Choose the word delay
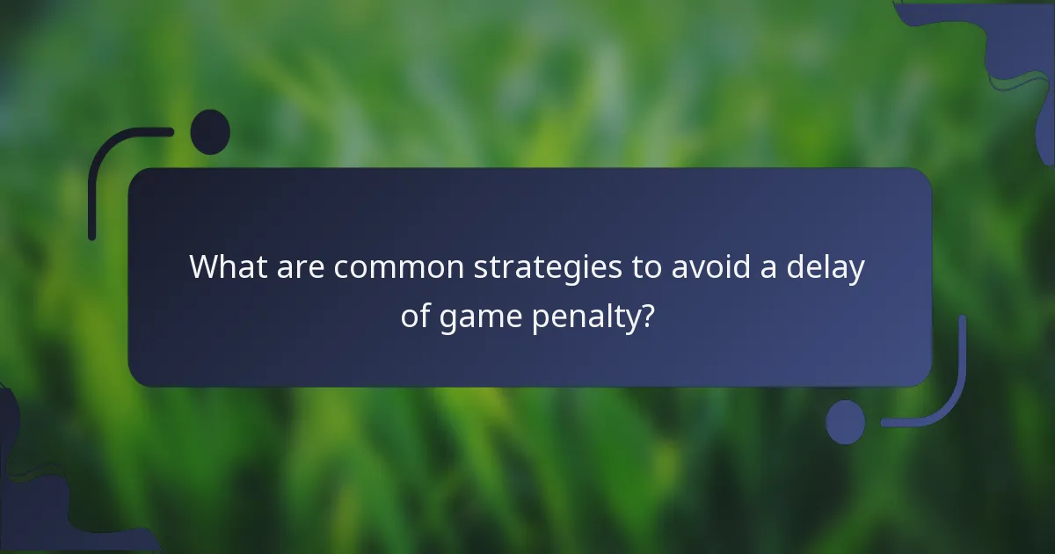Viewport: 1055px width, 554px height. (826, 267)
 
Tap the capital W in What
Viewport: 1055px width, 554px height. (205, 267)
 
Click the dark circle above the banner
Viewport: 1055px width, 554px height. (210, 132)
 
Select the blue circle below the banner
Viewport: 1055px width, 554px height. (846, 421)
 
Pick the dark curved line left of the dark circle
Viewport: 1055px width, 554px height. (101, 171)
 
